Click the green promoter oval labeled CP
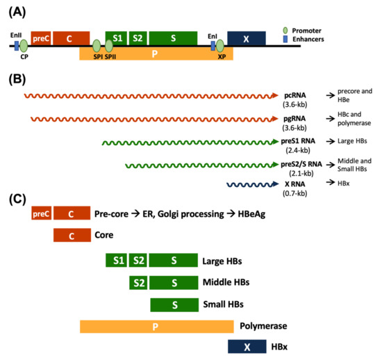(x=24, y=47)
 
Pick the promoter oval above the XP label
(x=220, y=47)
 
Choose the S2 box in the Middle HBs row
(x=138, y=283)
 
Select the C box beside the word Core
(x=72, y=236)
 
